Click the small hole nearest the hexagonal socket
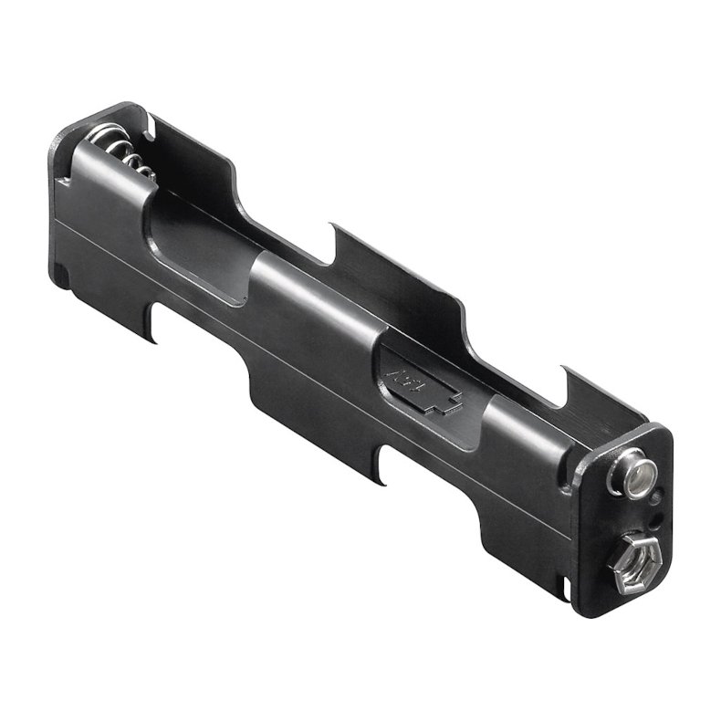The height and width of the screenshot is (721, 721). (x=654, y=521)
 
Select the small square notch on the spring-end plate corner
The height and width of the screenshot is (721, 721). (x=62, y=272)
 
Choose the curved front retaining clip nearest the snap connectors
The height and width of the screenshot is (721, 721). (x=520, y=429)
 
